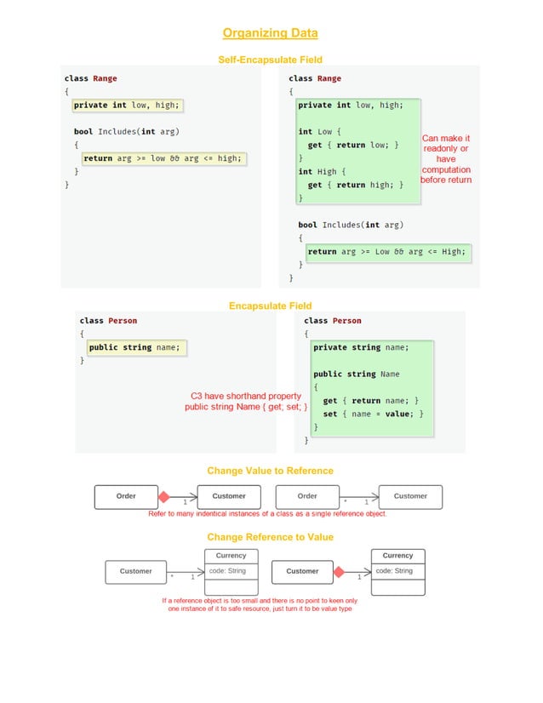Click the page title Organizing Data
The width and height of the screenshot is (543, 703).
pos(270,33)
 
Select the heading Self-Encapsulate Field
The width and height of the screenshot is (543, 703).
pos(270,60)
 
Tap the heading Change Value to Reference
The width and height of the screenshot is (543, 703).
pos(270,471)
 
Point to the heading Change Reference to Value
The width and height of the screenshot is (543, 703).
pos(270,537)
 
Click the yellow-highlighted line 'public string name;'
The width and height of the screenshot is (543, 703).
pos(136,347)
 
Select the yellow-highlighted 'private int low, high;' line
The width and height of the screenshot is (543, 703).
pos(126,106)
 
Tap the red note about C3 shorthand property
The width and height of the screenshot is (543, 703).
pos(246,402)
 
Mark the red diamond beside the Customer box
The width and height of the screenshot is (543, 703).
pos(339,572)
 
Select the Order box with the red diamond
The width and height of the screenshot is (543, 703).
pos(126,496)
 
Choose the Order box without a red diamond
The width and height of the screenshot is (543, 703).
pos(307,496)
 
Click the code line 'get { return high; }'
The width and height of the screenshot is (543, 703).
pos(355,185)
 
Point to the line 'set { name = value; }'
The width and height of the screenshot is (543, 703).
pos(372,414)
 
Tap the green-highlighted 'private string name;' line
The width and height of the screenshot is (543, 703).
pos(361,347)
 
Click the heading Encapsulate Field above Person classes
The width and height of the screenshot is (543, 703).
pos(270,306)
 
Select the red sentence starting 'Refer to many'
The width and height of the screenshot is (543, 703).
pos(267,514)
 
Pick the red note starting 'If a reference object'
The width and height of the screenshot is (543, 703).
pos(260,604)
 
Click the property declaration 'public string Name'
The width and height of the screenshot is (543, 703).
pos(356,374)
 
